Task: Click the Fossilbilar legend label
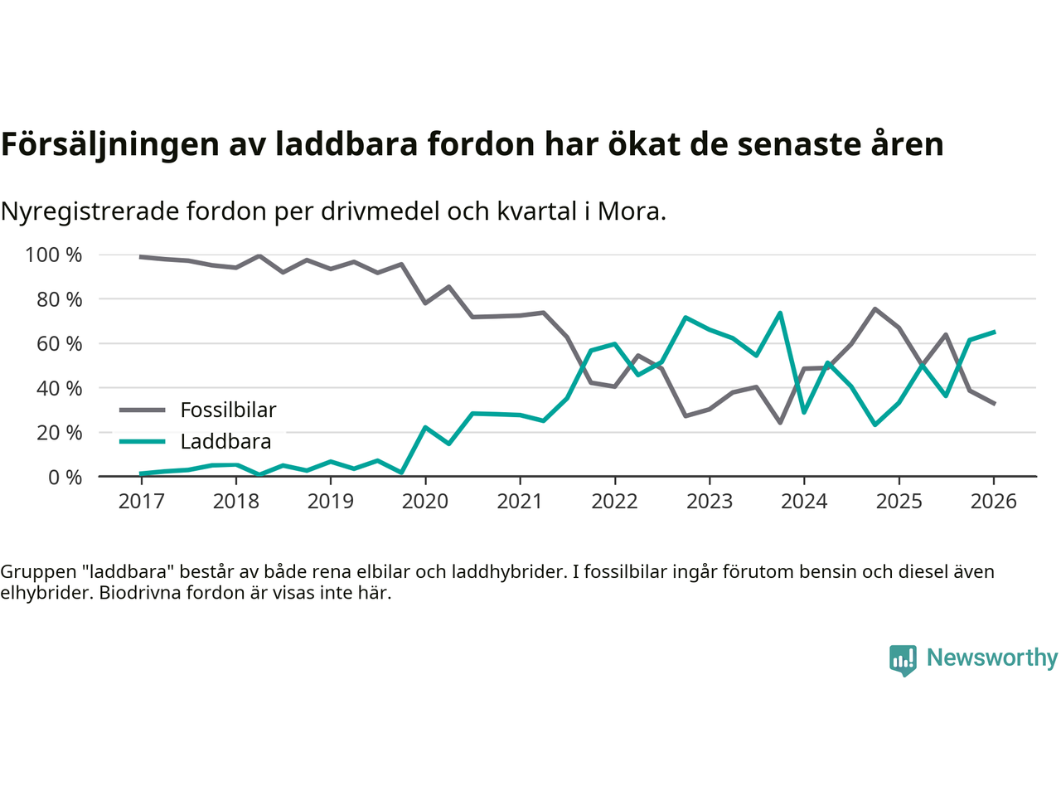[228, 410]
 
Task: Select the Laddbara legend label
[225, 442]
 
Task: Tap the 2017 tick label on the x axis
[141, 502]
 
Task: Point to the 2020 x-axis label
[425, 502]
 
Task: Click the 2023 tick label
[710, 502]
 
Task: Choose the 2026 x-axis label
[993, 502]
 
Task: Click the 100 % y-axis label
[54, 255]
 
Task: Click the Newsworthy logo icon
[903, 660]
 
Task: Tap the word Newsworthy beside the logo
[992, 658]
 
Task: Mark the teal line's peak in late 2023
[780, 313]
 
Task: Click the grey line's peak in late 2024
[875, 308]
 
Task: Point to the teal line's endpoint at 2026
[994, 332]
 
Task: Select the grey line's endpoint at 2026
[994, 404]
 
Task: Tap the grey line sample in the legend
[143, 410]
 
